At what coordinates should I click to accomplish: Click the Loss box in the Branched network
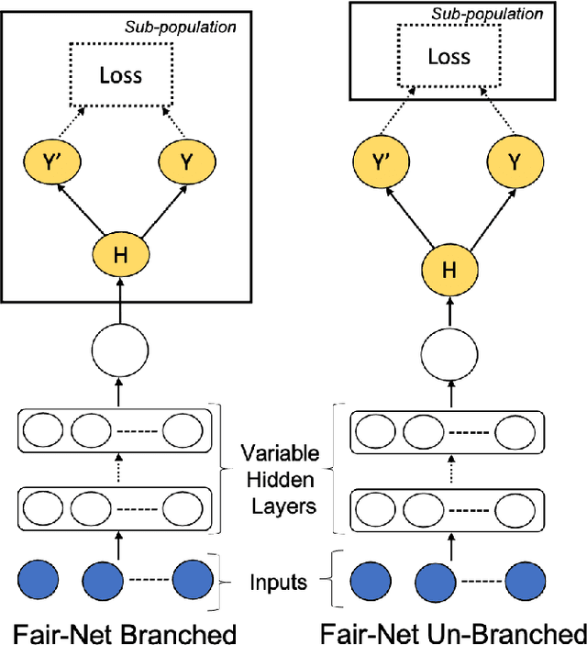tap(121, 73)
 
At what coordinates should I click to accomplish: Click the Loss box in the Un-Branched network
tap(448, 57)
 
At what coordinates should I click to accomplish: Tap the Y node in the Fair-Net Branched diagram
tap(185, 162)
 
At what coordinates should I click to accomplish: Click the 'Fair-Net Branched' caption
tap(123, 632)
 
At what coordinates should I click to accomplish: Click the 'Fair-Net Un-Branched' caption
tap(452, 632)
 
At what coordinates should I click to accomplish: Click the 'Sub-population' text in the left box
tap(180, 26)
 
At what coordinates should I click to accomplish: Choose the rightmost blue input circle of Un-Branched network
tap(526, 580)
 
